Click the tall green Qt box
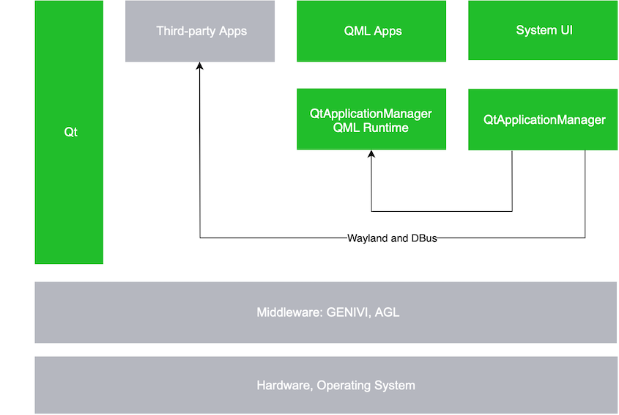[70, 132]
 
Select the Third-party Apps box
[200, 31]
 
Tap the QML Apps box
[371, 31]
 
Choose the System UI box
[543, 30]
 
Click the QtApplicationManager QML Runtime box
[371, 120]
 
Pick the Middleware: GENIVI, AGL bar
[326, 312]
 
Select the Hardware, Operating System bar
[326, 385]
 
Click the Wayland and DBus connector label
[391, 238]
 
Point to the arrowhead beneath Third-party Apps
[200, 67]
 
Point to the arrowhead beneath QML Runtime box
[371, 155]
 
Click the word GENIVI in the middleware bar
[349, 312]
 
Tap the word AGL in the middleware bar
[388, 312]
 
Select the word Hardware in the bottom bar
[283, 385]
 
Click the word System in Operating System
[396, 385]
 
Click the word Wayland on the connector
[368, 238]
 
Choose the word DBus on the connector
[423, 238]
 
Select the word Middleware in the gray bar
[286, 312]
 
